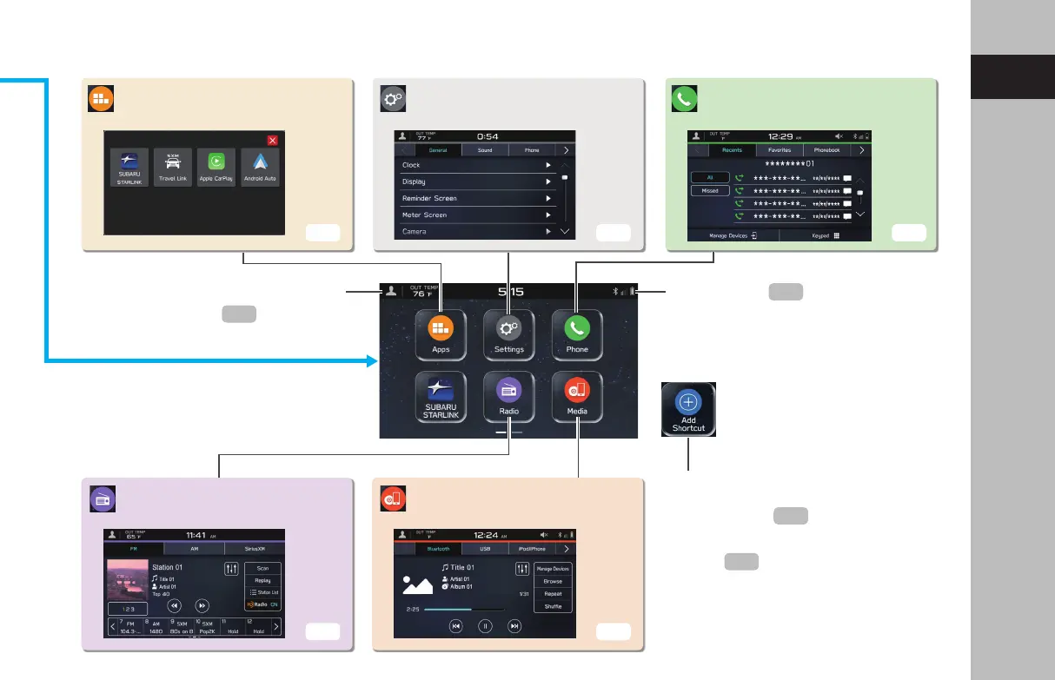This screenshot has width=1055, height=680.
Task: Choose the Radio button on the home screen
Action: tap(509, 396)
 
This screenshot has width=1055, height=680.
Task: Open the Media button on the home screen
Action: tap(577, 396)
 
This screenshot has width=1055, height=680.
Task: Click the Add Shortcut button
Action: tap(688, 408)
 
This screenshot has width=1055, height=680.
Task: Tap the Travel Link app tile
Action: tap(172, 169)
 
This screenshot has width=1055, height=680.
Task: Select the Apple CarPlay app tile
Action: tap(216, 169)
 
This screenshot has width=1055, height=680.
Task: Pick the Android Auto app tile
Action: tap(260, 169)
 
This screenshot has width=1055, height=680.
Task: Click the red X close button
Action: tap(272, 140)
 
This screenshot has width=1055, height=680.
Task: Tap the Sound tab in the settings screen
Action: tap(485, 150)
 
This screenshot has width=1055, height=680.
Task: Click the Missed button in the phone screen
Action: tap(710, 190)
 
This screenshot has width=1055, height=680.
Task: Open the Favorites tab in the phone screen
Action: tap(780, 150)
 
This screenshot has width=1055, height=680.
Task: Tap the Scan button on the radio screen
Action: tap(262, 568)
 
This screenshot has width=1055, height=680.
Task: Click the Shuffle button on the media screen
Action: tap(553, 606)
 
